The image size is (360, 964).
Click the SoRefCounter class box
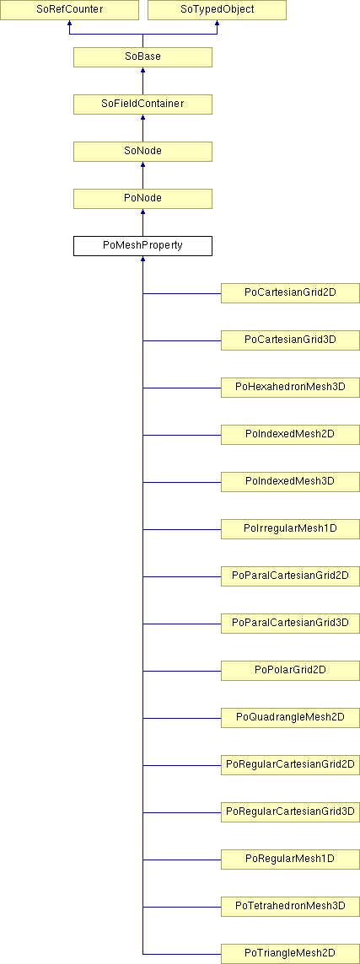coord(69,10)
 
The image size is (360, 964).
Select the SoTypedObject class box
coord(218,10)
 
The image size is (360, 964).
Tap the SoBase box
coord(142,57)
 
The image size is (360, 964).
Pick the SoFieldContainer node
coord(142,104)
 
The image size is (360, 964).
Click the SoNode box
coord(142,151)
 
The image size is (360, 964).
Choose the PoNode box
coord(142,199)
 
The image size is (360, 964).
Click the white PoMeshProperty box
coord(142,246)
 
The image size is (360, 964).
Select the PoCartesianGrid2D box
coord(291,293)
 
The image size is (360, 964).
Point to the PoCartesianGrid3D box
coord(291,340)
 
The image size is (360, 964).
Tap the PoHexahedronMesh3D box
coord(291,388)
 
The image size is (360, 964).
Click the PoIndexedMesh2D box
coord(291,435)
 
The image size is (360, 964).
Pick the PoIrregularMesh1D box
coord(291,528)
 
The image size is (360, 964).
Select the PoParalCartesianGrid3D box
coord(291,624)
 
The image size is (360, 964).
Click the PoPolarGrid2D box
coord(291,670)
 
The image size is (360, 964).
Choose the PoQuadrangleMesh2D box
coord(291,717)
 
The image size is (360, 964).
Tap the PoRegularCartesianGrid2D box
coord(291,765)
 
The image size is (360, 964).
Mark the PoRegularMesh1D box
coord(291,859)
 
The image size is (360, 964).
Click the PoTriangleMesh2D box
coord(291,954)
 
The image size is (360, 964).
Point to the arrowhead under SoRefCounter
coord(69,23)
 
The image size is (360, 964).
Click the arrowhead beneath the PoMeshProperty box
coord(142,259)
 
